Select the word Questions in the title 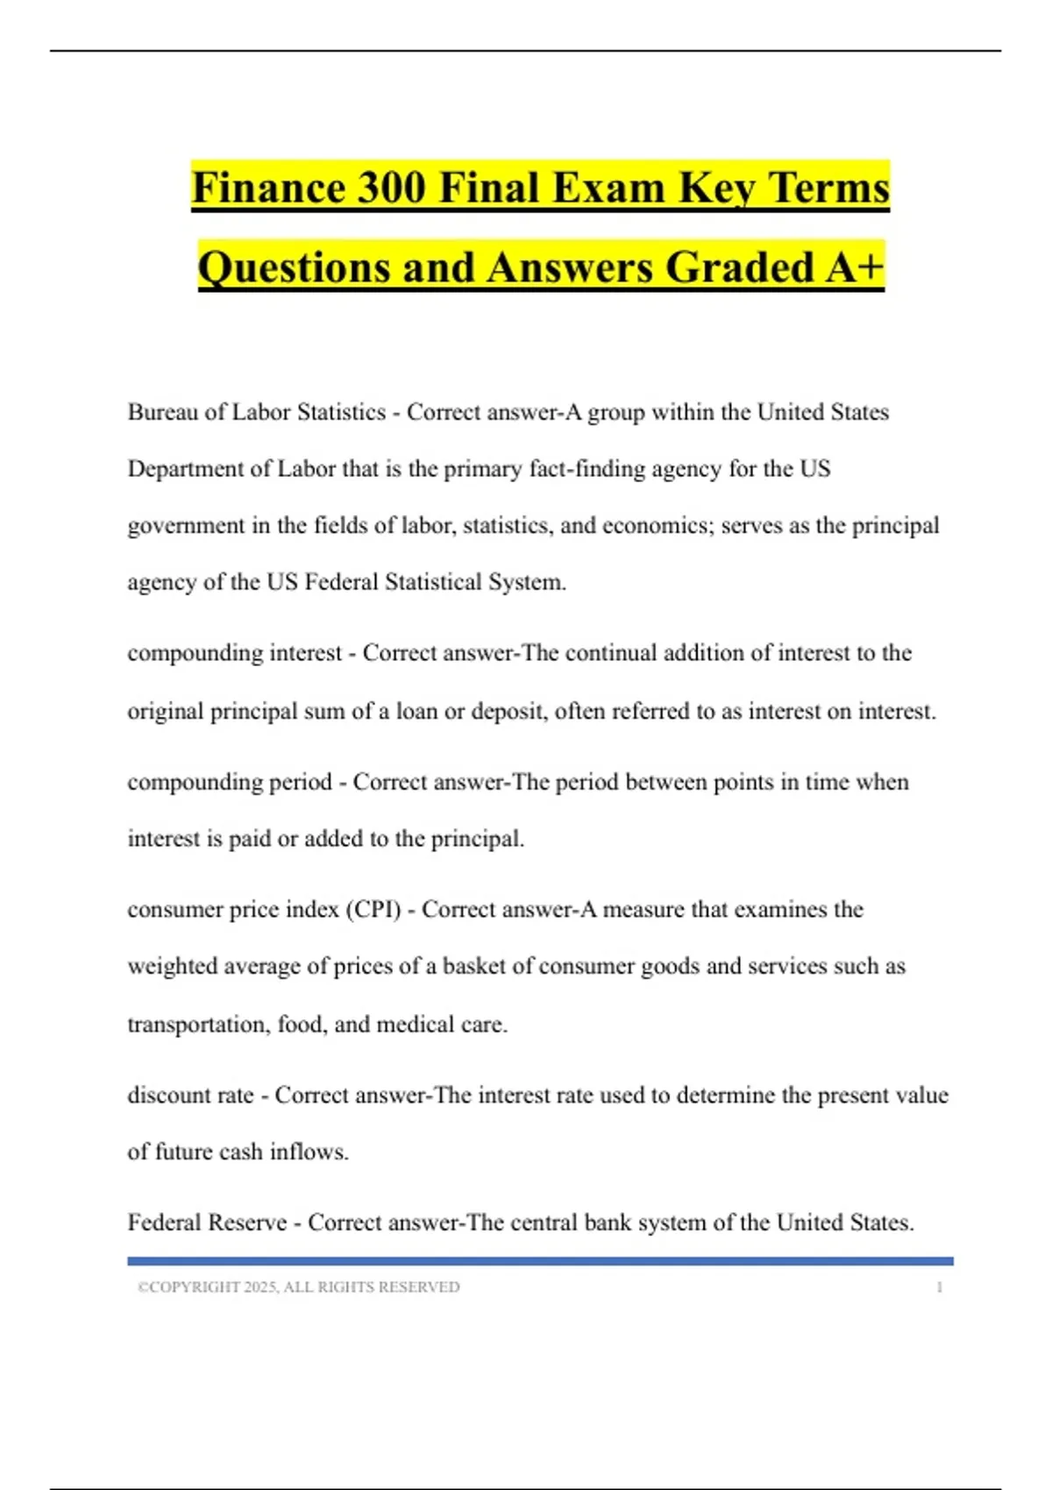[x=294, y=267]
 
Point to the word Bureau [x=163, y=412]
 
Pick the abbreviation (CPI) [x=373, y=910]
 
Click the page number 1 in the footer [x=940, y=1288]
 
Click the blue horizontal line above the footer [x=540, y=1261]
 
